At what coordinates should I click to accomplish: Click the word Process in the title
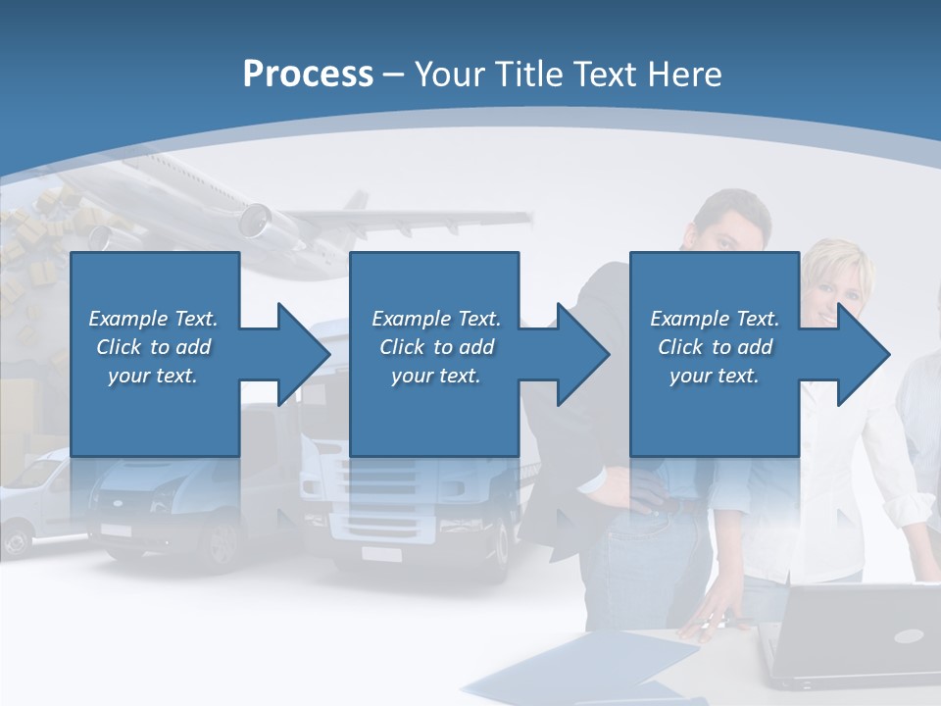tap(308, 75)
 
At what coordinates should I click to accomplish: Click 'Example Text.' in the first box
tap(153, 319)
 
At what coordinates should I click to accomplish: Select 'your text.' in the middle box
tap(435, 376)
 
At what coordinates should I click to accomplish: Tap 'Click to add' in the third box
tap(715, 347)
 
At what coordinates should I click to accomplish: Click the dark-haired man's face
tap(730, 227)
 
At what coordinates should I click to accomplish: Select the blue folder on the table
tap(588, 667)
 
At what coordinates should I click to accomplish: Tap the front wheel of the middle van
tap(223, 544)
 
